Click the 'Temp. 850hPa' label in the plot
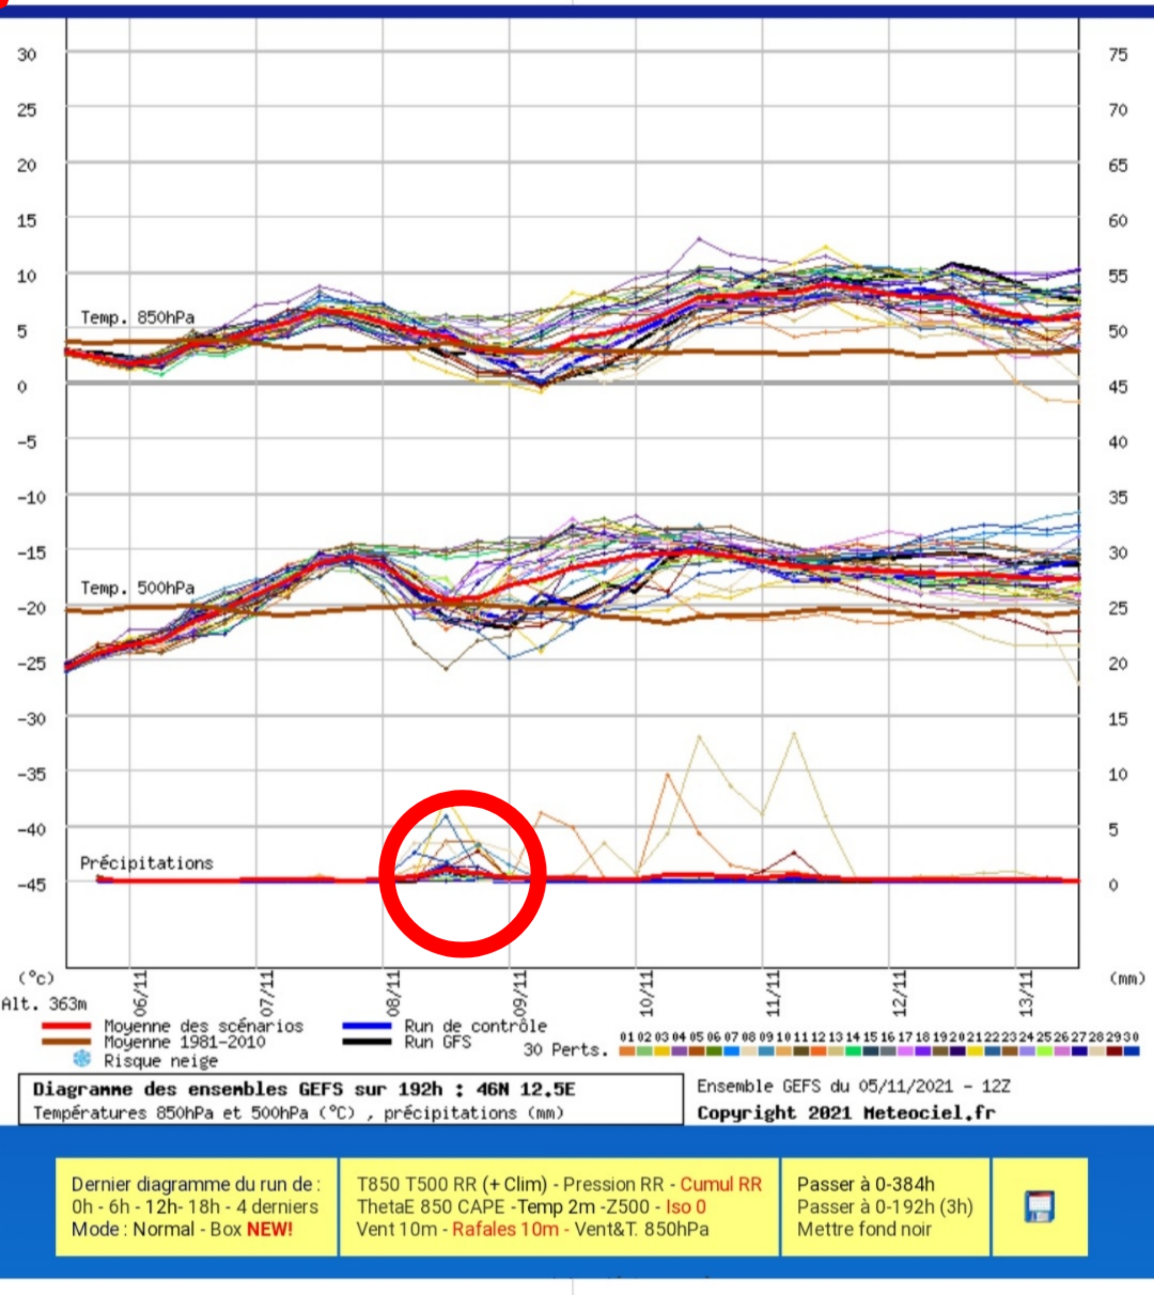click(137, 318)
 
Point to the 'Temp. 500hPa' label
click(137, 588)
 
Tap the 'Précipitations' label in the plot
click(146, 863)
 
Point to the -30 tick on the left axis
click(31, 719)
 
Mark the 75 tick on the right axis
click(1119, 55)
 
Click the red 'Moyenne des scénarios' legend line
click(67, 1025)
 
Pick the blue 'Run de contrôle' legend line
click(366, 1025)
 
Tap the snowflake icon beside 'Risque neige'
click(82, 1059)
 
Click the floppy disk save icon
click(1040, 1206)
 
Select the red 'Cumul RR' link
click(721, 1184)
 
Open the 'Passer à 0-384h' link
click(865, 1184)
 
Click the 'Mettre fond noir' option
click(864, 1229)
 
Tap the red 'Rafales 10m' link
click(505, 1229)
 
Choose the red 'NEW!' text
click(270, 1229)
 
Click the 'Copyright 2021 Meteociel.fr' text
click(846, 1113)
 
